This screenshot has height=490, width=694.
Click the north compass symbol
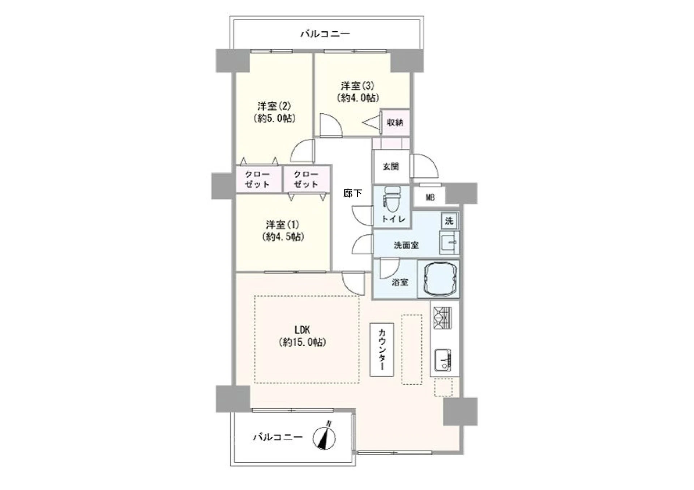pyautogui.click(x=324, y=438)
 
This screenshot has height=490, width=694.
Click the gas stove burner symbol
pyautogui.click(x=443, y=318)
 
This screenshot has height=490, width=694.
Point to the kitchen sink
pyautogui.click(x=442, y=360)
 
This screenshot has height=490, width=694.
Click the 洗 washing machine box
pyautogui.click(x=449, y=220)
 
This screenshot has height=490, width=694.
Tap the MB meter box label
pyautogui.click(x=430, y=197)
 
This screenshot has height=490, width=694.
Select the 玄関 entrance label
pyautogui.click(x=390, y=167)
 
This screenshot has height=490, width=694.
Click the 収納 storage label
pyautogui.click(x=395, y=122)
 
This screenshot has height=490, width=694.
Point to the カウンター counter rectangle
pyautogui.click(x=382, y=349)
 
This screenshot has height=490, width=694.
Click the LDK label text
pyautogui.click(x=302, y=330)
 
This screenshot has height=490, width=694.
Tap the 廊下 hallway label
pyautogui.click(x=352, y=193)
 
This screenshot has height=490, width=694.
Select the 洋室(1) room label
pyautogui.click(x=282, y=225)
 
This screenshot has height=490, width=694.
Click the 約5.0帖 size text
pyautogui.click(x=274, y=118)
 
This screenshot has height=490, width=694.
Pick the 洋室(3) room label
pyautogui.click(x=357, y=86)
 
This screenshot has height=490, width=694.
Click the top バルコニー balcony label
pyautogui.click(x=325, y=34)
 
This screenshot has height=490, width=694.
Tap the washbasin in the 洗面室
pyautogui.click(x=449, y=242)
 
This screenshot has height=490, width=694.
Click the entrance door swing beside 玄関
pyautogui.click(x=425, y=166)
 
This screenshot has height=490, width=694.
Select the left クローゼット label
pyautogui.click(x=257, y=179)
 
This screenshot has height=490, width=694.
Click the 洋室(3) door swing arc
pyautogui.click(x=330, y=125)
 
